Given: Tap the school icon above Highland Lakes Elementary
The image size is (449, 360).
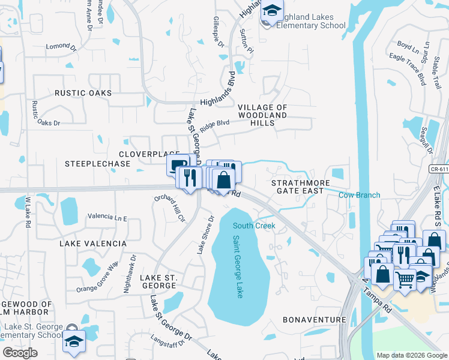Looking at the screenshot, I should (x=271, y=11).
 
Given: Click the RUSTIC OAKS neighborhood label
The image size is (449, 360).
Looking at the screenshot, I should (x=83, y=93).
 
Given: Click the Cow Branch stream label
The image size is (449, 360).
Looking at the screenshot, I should (x=359, y=195).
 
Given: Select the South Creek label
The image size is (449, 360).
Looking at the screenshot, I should (x=254, y=226).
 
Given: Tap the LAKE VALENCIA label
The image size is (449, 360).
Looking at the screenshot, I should (x=92, y=244).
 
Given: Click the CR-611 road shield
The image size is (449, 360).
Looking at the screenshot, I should (x=439, y=170).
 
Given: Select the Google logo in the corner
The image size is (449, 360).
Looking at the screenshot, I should (x=20, y=352).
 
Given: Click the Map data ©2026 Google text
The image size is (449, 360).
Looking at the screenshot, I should (x=411, y=355).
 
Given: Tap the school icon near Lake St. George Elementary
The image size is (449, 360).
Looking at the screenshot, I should (x=74, y=341).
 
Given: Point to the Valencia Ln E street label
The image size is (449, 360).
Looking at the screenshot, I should (x=107, y=216).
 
